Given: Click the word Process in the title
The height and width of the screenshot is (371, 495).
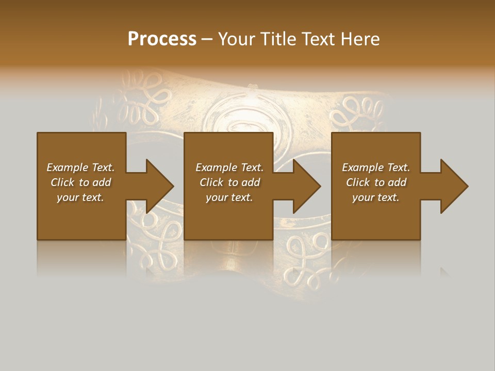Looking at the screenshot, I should click(162, 39).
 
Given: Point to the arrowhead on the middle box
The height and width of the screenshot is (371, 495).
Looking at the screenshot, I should click(306, 186).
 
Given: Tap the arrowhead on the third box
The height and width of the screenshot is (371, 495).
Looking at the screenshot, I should click(453, 186).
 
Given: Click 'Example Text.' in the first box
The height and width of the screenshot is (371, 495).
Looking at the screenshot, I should click(80, 167).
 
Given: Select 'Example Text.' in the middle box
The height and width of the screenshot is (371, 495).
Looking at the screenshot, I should click(229, 167).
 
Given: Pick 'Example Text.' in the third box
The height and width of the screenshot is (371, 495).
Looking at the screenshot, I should click(376, 167).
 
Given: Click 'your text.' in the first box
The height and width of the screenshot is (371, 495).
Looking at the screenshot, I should click(80, 197).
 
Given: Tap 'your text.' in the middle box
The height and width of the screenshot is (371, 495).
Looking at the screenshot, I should click(229, 197).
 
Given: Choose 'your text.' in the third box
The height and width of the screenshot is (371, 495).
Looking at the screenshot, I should click(376, 197).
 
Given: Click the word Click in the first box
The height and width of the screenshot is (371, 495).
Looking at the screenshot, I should click(62, 182).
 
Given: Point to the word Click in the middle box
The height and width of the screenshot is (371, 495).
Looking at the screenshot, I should click(211, 182).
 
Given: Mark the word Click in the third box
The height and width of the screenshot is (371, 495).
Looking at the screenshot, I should click(358, 182).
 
